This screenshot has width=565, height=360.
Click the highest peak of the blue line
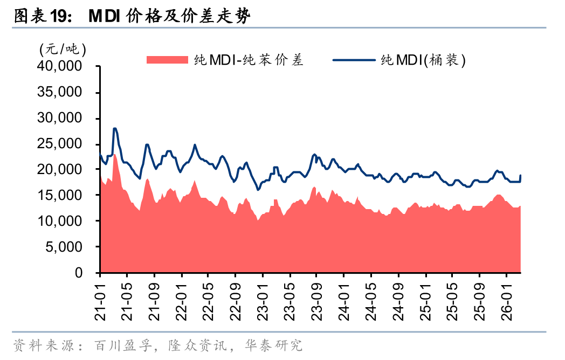(x=115, y=128)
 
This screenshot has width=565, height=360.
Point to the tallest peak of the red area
(x=115, y=155)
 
